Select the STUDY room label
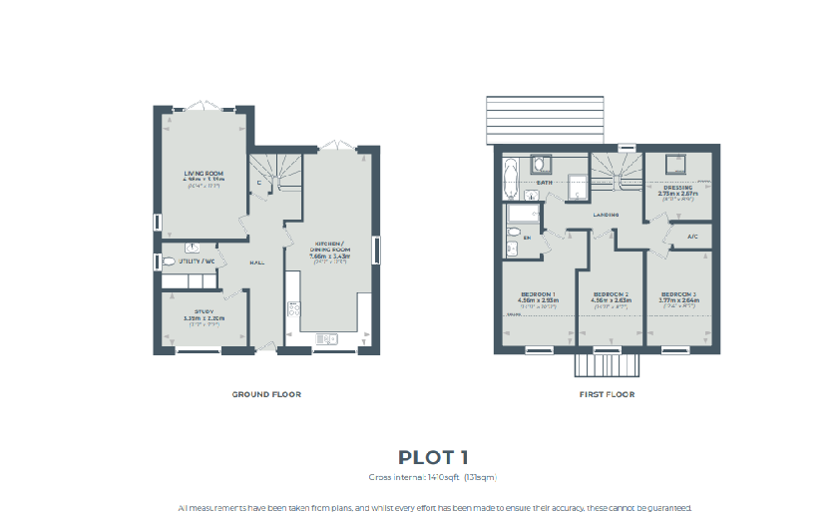pyautogui.click(x=204, y=312)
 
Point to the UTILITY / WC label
pyautogui.click(x=198, y=261)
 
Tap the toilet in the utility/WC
pyautogui.click(x=168, y=261)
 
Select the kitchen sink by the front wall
pyautogui.click(x=327, y=339)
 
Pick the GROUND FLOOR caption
pyautogui.click(x=266, y=394)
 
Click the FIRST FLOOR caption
pyautogui.click(x=607, y=394)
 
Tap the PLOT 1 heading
pyautogui.click(x=433, y=457)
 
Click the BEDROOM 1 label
pyautogui.click(x=538, y=294)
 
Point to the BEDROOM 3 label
pyautogui.click(x=678, y=294)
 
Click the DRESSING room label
pyautogui.click(x=678, y=187)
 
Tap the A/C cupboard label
pyautogui.click(x=692, y=237)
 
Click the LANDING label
pyautogui.click(x=606, y=215)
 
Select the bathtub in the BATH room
pyautogui.click(x=512, y=177)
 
